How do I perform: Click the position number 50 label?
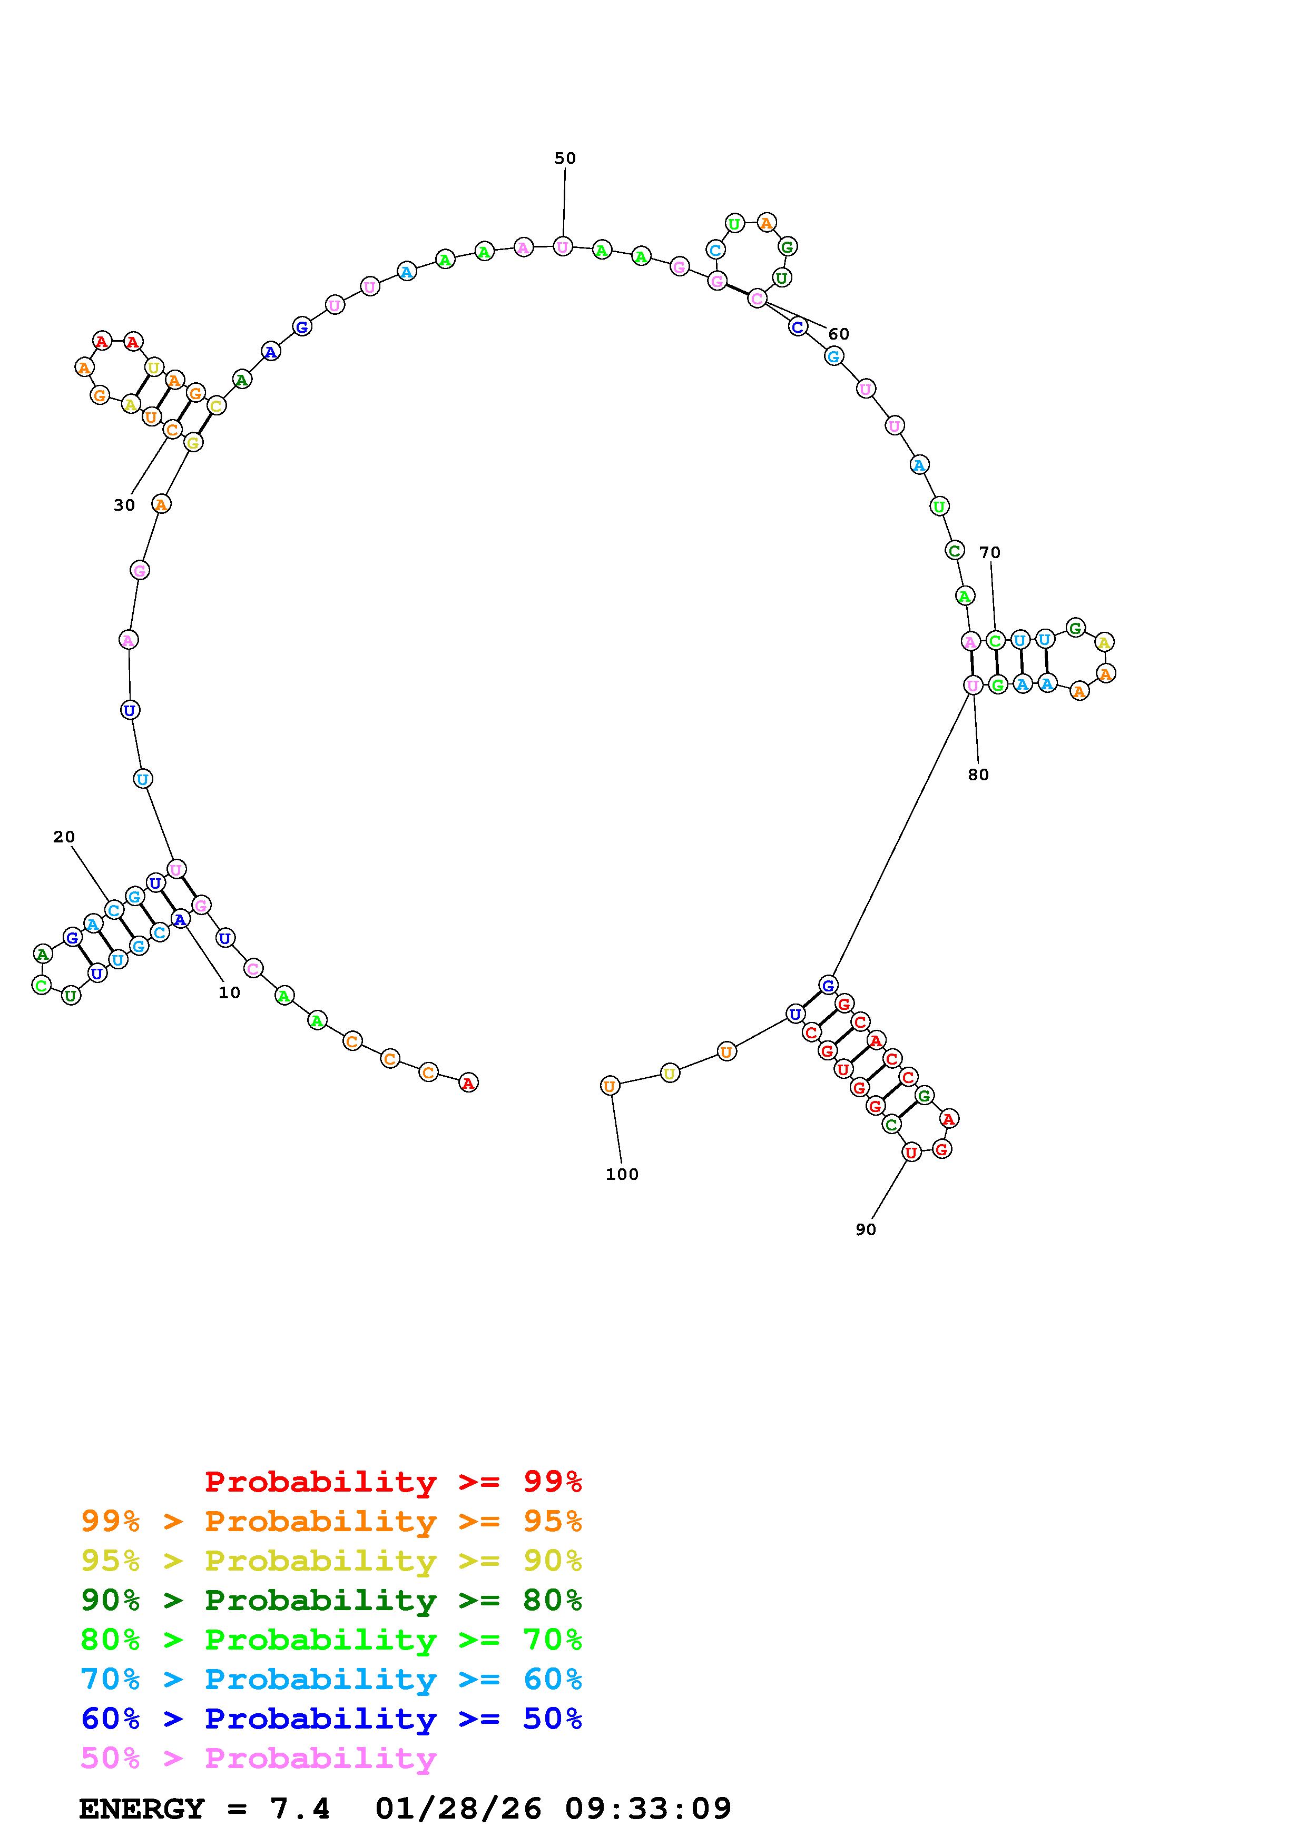[x=565, y=158]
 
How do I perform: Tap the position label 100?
[x=622, y=1175]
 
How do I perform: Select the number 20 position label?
[x=64, y=837]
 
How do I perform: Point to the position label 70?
[x=990, y=553]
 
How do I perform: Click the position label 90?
[x=866, y=1229]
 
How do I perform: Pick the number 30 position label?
[x=124, y=505]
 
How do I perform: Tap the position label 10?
[x=229, y=992]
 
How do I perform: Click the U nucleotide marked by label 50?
[x=563, y=246]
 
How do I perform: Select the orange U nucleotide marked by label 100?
[x=610, y=1086]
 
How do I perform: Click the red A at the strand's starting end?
[x=467, y=1083]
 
